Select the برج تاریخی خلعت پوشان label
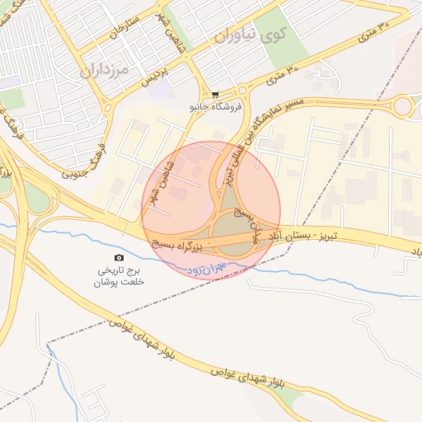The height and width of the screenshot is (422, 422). click(122, 276)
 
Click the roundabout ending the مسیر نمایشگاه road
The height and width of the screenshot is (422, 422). click(403, 106)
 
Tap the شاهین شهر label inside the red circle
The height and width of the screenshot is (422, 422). click(162, 173)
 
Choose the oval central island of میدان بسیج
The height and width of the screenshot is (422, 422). click(234, 232)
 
